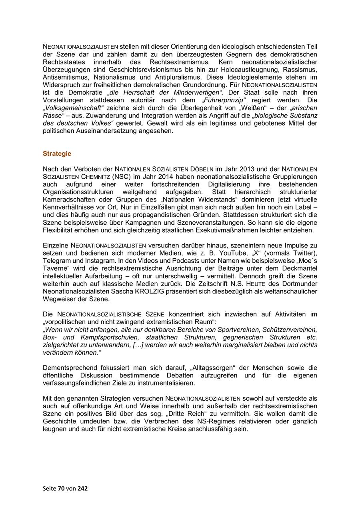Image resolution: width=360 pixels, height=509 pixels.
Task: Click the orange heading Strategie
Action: pos(57,154)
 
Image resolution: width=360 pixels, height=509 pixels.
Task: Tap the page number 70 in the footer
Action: pos(61,488)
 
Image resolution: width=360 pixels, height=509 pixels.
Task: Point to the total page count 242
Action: pos(82,488)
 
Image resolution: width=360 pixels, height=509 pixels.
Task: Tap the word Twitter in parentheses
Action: pos(305,253)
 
